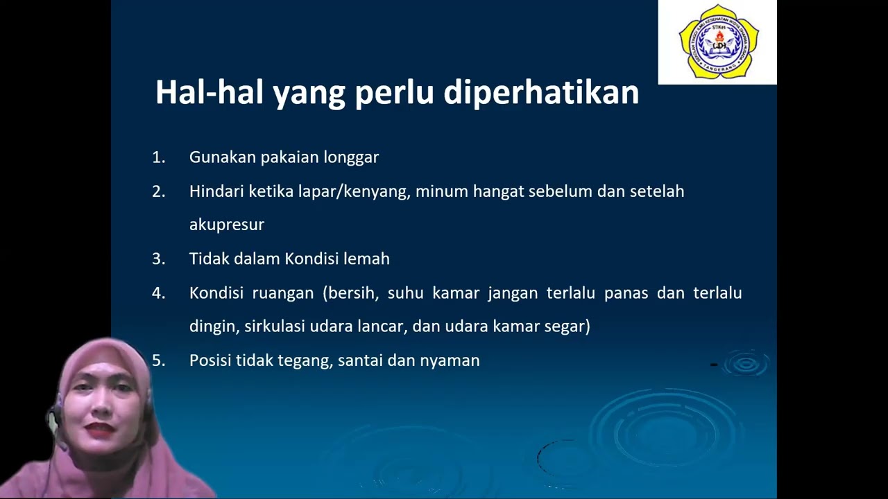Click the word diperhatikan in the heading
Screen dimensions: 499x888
541,94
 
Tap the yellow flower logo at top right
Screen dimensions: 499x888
718,42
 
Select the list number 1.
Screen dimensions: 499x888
159,157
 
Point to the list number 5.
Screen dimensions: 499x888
159,360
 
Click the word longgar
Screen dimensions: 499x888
351,158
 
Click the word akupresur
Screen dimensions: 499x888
226,225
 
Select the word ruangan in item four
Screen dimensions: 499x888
282,293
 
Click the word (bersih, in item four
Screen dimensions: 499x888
350,293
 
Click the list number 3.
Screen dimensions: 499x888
159,259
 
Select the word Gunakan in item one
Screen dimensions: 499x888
222,158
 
